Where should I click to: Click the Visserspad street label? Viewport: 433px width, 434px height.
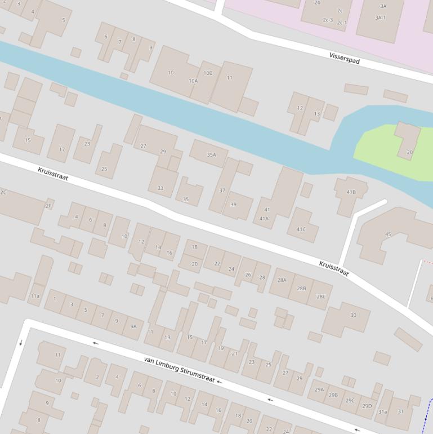pyautogui.click(x=344, y=57)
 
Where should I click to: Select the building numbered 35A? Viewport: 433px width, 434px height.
pyautogui.click(x=211, y=154)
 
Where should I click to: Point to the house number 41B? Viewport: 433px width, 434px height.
pyautogui.click(x=351, y=192)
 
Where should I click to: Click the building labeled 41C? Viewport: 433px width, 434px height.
pyautogui.click(x=301, y=229)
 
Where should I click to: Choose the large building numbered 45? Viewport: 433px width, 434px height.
pyautogui.click(x=388, y=234)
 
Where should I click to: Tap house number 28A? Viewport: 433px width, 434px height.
pyautogui.click(x=282, y=280)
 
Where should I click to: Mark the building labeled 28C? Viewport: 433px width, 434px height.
pyautogui.click(x=321, y=296)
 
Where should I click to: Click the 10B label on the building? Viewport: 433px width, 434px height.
pyautogui.click(x=208, y=73)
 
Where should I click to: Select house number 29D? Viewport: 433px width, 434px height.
pyautogui.click(x=367, y=406)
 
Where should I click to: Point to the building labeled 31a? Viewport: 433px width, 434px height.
pyautogui.click(x=382, y=412)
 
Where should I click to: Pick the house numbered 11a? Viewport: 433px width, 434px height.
pyautogui.click(x=35, y=296)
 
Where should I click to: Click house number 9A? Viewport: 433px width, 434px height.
pyautogui.click(x=133, y=326)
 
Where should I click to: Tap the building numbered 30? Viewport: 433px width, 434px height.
pyautogui.click(x=353, y=315)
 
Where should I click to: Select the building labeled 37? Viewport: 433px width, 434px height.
pyautogui.click(x=222, y=191)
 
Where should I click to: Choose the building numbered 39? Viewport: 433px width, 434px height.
pyautogui.click(x=234, y=204)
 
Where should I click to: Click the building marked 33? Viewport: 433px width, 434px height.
pyautogui.click(x=160, y=188)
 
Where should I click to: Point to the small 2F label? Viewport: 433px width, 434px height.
pyautogui.click(x=48, y=206)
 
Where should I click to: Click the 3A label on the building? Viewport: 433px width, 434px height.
pyautogui.click(x=383, y=6)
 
